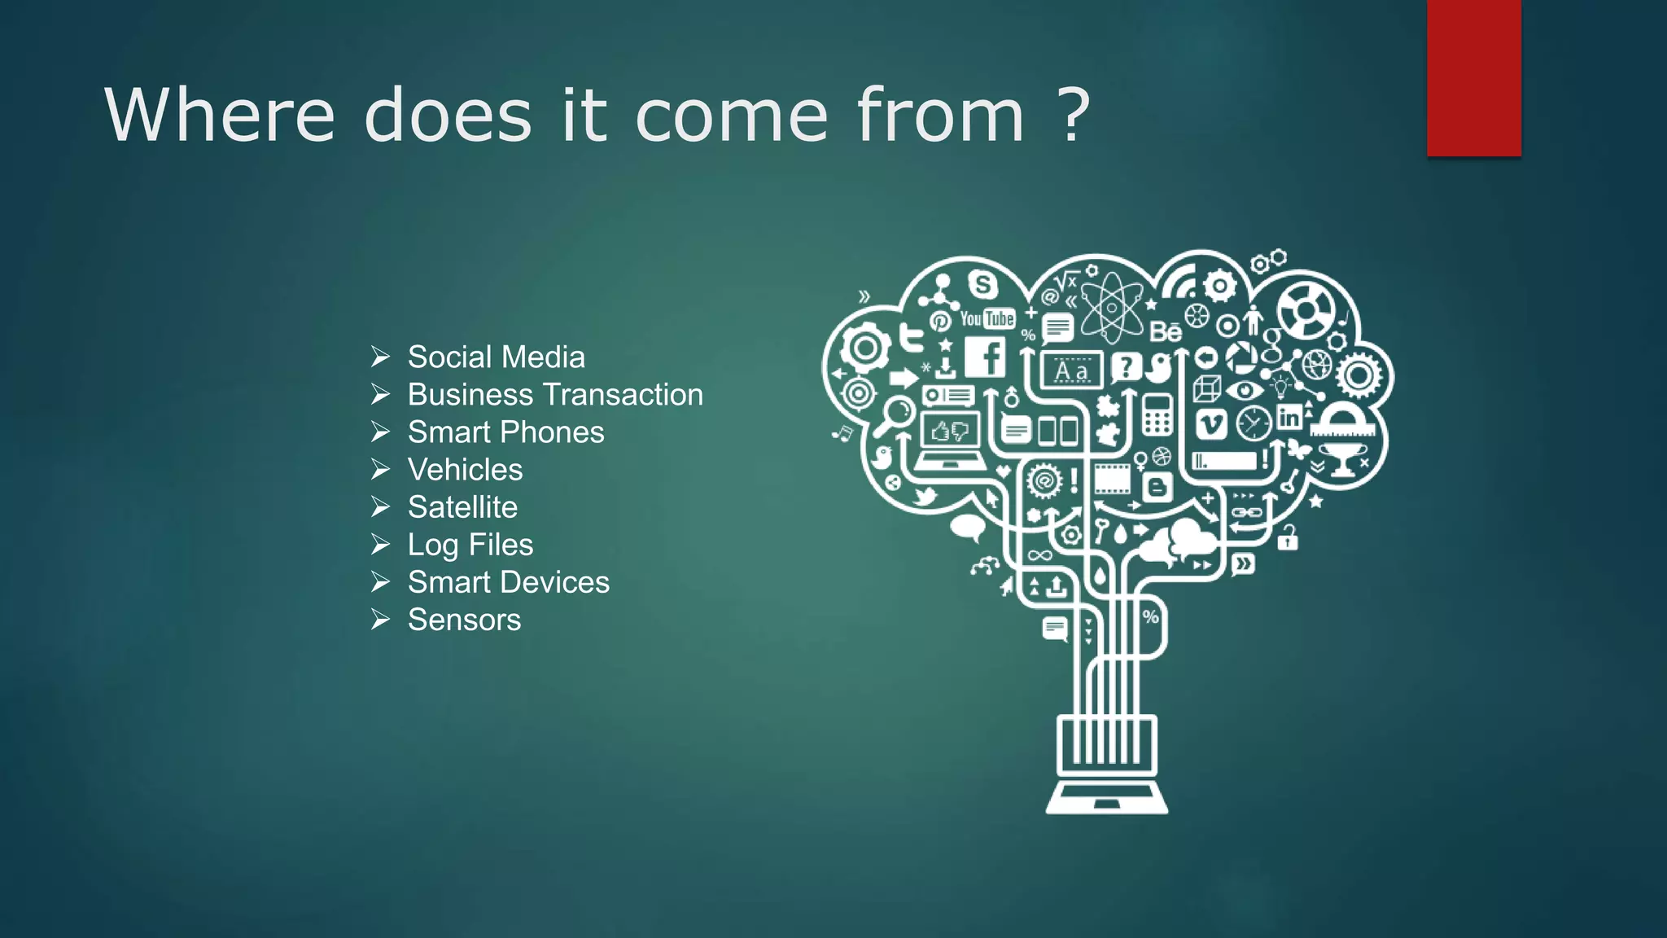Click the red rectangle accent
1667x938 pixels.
[x=1473, y=78]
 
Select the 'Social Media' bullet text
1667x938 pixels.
[x=496, y=357]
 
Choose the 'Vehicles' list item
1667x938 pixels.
[x=465, y=470]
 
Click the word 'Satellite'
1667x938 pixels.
[x=462, y=507]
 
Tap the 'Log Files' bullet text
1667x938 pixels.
[x=470, y=545]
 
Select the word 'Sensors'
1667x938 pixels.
[x=464, y=620]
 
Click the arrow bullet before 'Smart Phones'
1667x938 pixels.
[x=380, y=432]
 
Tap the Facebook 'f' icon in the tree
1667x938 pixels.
[x=985, y=357]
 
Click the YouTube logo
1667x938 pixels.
[x=987, y=318]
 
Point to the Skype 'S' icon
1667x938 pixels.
[x=982, y=285]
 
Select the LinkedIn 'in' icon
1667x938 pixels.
[x=1289, y=418]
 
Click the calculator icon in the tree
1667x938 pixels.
[x=1157, y=414]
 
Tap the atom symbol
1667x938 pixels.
[x=1112, y=308]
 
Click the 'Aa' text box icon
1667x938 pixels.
[x=1071, y=370]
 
